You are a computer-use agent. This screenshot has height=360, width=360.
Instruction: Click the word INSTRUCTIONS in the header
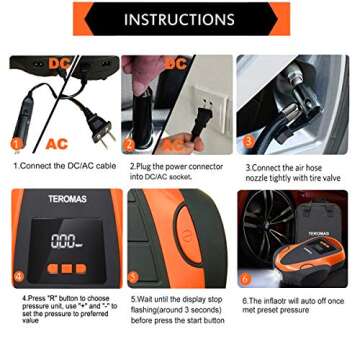[x=181, y=20]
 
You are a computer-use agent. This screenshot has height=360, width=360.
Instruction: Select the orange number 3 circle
[x=247, y=147]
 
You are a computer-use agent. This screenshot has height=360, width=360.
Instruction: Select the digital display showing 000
[x=66, y=241]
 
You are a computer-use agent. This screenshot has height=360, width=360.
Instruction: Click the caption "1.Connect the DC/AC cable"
[x=62, y=167]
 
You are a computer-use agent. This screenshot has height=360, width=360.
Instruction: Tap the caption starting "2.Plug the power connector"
[x=177, y=172]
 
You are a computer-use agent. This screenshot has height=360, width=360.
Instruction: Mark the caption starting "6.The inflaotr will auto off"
[x=295, y=304]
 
